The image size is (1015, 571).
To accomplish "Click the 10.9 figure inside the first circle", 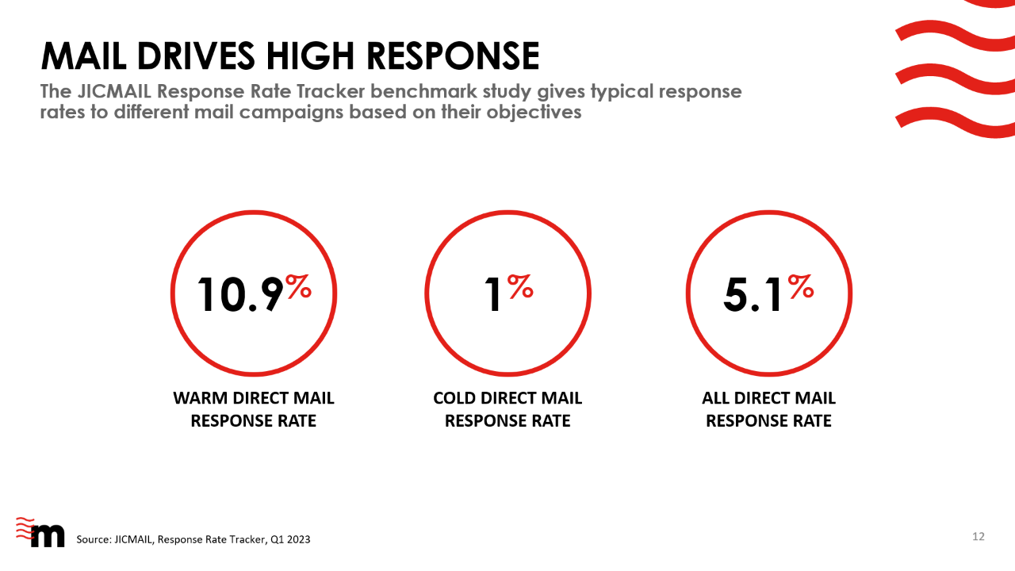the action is tap(240, 294).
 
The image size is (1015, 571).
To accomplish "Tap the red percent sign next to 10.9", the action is tap(299, 286).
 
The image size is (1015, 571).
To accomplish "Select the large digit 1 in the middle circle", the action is tap(492, 294).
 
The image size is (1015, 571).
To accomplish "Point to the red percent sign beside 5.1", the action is tap(801, 286).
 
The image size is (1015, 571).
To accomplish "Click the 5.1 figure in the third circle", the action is tap(753, 294).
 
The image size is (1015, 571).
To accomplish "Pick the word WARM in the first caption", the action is tap(201, 398).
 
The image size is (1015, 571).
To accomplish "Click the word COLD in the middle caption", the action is tap(454, 398).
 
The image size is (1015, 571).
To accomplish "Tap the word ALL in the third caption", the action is tap(715, 398).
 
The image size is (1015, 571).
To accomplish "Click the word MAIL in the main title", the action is tap(84, 56).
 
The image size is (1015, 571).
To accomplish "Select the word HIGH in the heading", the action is tap(309, 56).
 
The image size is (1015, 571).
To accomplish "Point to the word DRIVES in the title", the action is tap(196, 56).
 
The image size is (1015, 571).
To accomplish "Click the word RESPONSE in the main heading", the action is tap(453, 56).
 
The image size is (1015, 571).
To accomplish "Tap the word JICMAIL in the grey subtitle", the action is tap(114, 91).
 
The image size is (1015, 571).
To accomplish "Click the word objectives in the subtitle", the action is tap(534, 113).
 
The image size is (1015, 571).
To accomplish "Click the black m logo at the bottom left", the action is tap(47, 536).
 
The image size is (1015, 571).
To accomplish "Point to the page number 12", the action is tap(979, 537).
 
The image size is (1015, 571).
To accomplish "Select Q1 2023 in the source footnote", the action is tap(290, 539).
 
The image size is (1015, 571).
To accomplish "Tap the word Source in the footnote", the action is tap(93, 539).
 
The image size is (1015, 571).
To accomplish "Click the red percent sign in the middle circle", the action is tap(520, 286).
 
